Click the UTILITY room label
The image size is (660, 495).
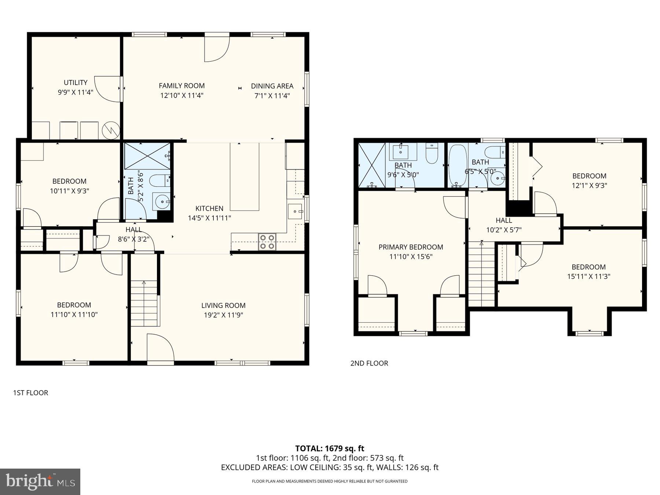[x=76, y=82]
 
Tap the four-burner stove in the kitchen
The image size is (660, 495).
[x=267, y=242]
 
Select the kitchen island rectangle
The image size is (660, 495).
[x=245, y=177]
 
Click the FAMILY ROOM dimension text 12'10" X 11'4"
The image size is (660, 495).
[x=181, y=95]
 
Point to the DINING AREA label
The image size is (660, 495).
[x=272, y=86]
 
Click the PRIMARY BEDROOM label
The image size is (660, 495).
[x=411, y=247]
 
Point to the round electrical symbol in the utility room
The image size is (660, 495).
[x=111, y=130]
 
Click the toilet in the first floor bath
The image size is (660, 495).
[x=160, y=180]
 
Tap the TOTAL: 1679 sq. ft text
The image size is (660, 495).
[x=330, y=448]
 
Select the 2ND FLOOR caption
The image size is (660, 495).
[x=369, y=363]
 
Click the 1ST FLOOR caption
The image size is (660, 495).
[x=30, y=393]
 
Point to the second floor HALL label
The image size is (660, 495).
[x=504, y=220]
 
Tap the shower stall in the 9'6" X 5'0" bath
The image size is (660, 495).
[x=371, y=165]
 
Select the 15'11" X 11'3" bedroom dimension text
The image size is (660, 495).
[x=588, y=276]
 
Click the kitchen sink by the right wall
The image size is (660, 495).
[x=295, y=212]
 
